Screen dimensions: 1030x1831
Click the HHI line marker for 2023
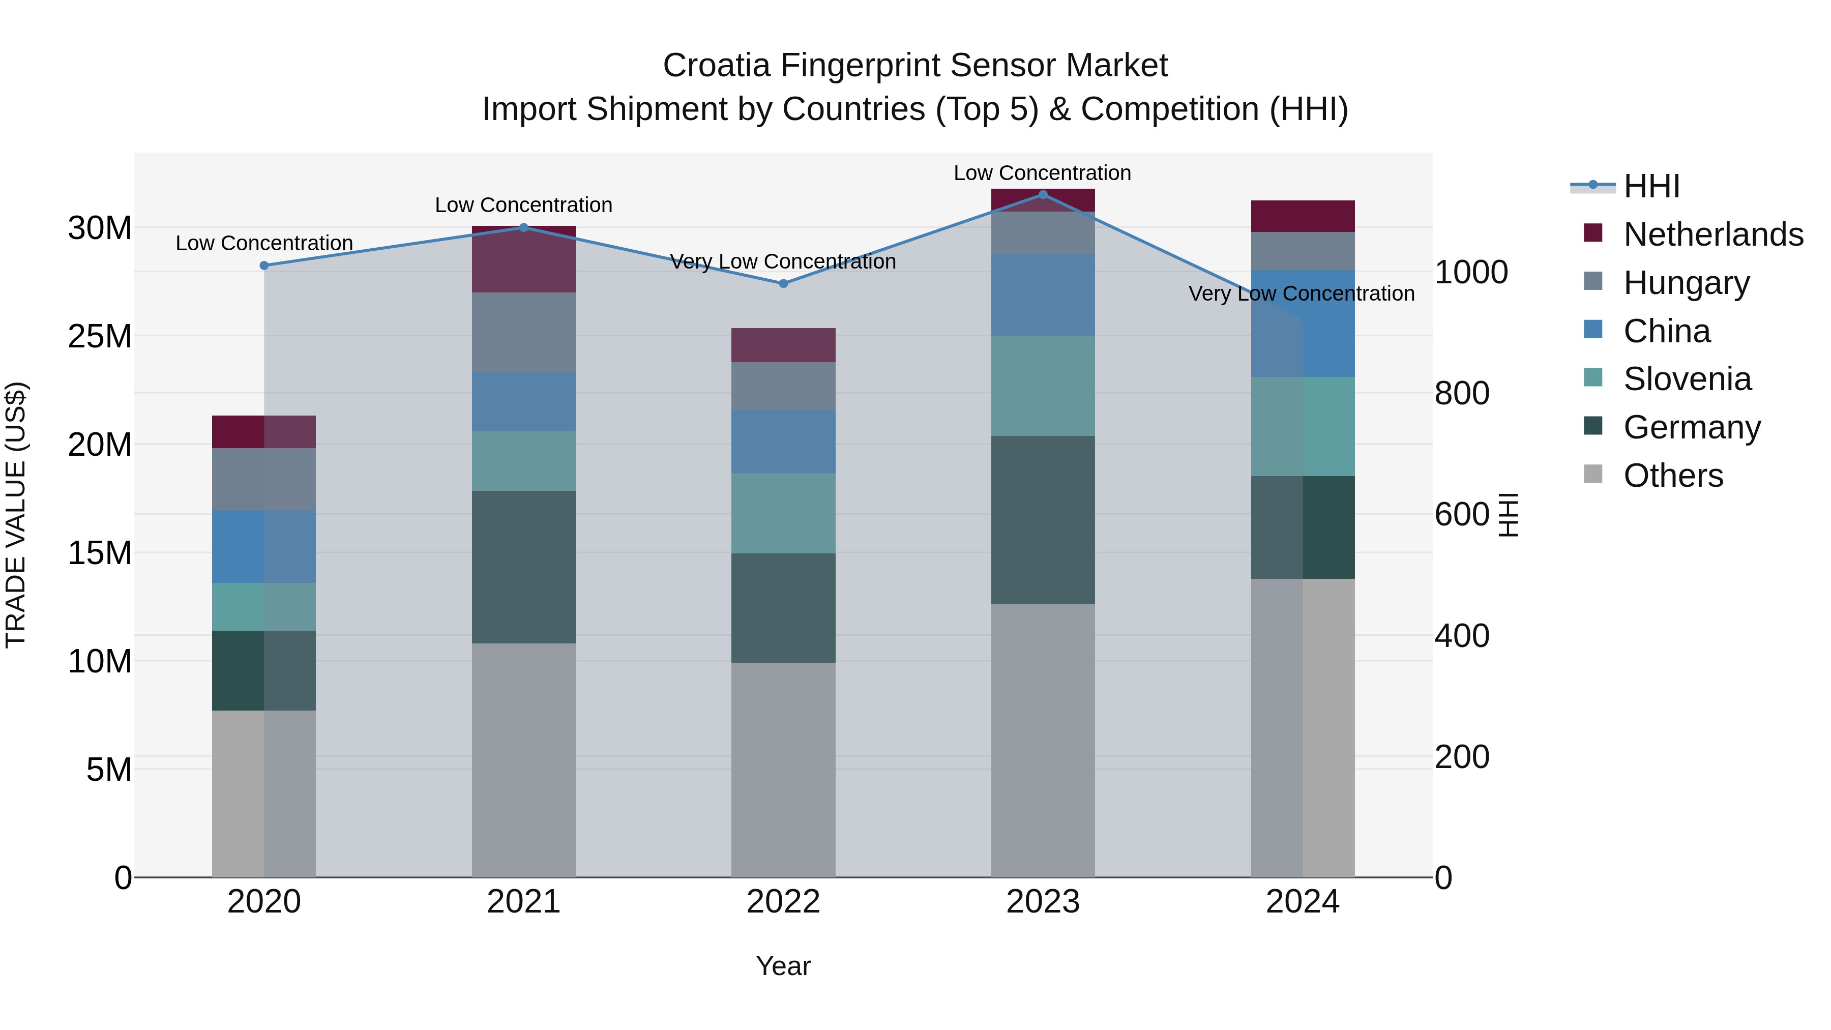(x=1043, y=194)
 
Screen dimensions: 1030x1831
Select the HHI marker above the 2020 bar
(x=264, y=265)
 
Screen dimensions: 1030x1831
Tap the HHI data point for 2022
(x=783, y=283)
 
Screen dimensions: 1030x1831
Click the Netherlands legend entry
(x=1713, y=234)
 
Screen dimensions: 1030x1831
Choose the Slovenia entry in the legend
(x=1687, y=378)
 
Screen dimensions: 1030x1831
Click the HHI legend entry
(x=1651, y=186)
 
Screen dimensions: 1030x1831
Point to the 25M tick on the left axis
(x=100, y=336)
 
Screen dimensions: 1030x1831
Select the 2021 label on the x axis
(x=523, y=902)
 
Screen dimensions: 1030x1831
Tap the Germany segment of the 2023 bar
(x=1043, y=520)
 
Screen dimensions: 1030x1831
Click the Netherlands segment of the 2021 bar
(x=523, y=259)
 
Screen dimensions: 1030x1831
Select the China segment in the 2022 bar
(x=783, y=442)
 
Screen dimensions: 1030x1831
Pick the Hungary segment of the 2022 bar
(x=783, y=386)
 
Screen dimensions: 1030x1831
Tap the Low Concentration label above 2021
(x=523, y=204)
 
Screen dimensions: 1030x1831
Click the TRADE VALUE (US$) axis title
(x=16, y=514)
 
